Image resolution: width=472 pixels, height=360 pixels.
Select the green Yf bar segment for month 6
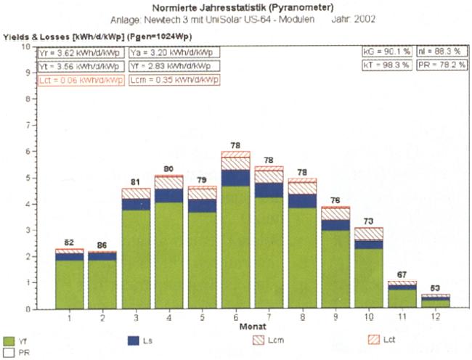[235, 247]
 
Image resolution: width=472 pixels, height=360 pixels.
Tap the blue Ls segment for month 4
[168, 195]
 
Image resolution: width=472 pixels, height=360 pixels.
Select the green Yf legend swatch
[9, 340]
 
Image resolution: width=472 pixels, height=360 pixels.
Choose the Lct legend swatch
[371, 340]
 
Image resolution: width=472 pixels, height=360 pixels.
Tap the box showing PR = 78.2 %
[443, 65]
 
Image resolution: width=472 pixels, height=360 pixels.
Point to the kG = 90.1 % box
[388, 53]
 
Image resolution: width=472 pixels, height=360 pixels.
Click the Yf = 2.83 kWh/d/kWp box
[171, 66]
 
